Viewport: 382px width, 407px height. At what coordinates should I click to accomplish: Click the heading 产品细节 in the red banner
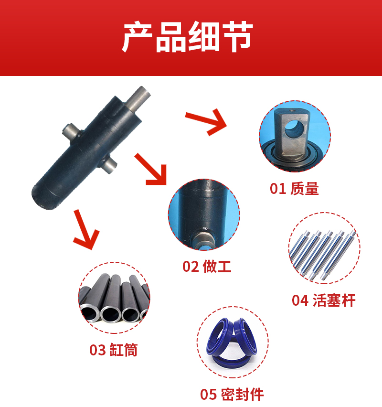(x=187, y=37)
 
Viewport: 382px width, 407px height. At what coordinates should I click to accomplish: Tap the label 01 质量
(x=294, y=189)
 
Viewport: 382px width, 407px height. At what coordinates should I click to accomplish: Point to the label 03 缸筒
(x=114, y=350)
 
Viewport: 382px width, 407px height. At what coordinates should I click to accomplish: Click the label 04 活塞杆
(x=323, y=300)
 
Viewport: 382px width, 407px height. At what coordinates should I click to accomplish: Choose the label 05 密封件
(x=232, y=395)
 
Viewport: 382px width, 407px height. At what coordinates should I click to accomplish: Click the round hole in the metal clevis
(x=294, y=129)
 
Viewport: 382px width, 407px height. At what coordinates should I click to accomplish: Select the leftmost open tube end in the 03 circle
(x=90, y=313)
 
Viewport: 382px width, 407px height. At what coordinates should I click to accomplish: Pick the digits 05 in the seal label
(x=208, y=395)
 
